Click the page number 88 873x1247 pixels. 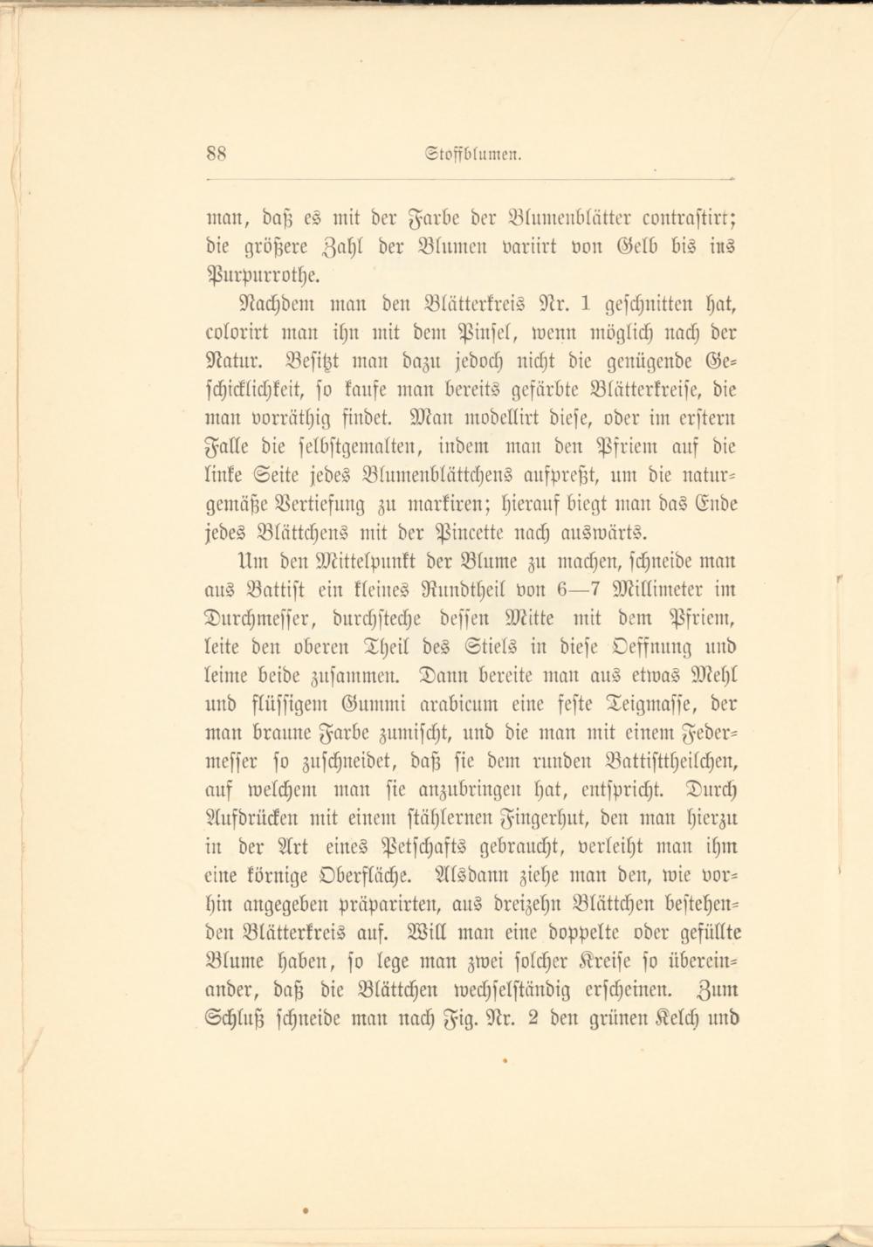pyautogui.click(x=217, y=154)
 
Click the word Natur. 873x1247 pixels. pyautogui.click(x=229, y=361)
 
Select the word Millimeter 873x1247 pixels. pyautogui.click(x=669, y=589)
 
